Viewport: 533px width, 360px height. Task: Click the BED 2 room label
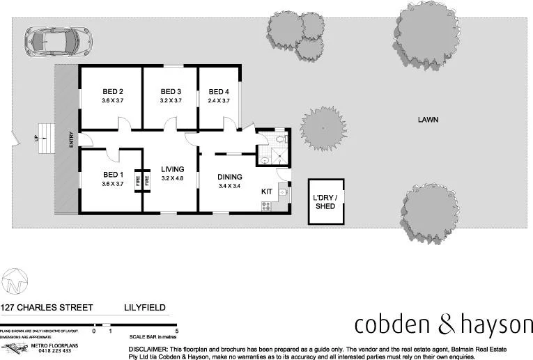tap(113, 91)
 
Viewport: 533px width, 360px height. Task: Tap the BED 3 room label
tap(171, 91)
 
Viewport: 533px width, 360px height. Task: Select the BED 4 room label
tap(218, 91)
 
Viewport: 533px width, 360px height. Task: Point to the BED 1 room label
tap(113, 174)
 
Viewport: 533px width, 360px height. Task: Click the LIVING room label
tap(172, 169)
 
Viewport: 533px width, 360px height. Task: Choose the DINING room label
tap(230, 177)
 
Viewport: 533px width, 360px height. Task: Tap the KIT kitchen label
tap(267, 191)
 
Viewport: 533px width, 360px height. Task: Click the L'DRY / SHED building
tap(325, 202)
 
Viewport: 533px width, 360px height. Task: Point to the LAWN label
tap(428, 120)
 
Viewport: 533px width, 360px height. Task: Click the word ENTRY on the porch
tap(71, 139)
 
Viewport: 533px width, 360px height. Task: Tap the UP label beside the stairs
tap(36, 139)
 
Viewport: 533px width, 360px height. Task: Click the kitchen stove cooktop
tap(265, 205)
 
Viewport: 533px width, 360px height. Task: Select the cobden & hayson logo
tap(442, 324)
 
